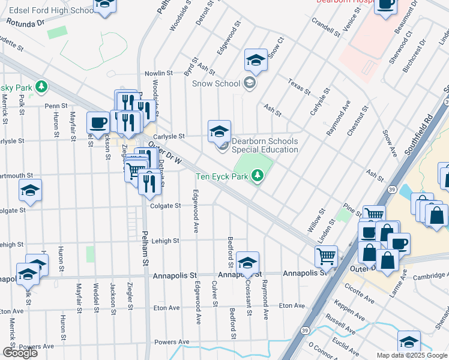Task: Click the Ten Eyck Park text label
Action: (x=223, y=176)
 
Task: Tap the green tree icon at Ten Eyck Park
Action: (x=258, y=175)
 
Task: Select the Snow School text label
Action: (x=216, y=83)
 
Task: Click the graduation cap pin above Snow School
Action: (x=256, y=61)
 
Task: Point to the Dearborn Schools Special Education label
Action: (x=265, y=145)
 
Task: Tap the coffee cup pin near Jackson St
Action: (x=98, y=124)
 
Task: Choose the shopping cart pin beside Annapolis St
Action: (x=326, y=256)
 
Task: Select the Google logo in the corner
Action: (x=20, y=352)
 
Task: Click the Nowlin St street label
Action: (x=158, y=73)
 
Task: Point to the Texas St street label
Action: (x=298, y=87)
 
